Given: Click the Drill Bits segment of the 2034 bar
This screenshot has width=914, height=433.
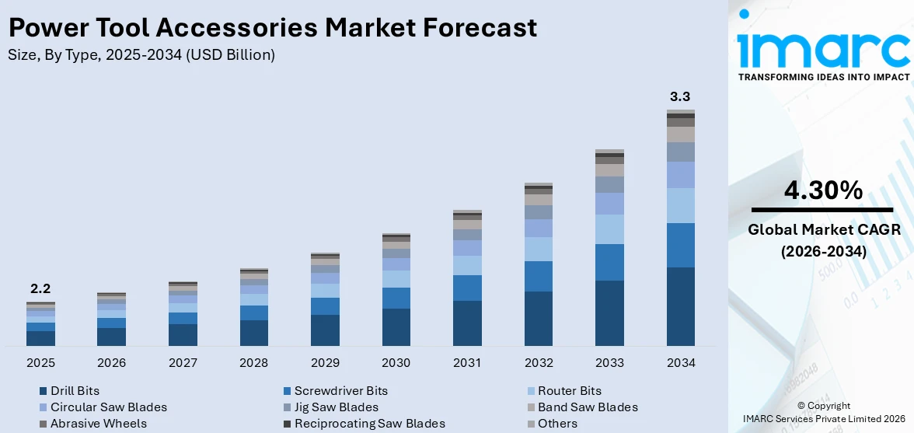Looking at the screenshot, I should click(681, 306).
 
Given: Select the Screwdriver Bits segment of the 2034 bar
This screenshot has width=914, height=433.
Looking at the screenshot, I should click(681, 245).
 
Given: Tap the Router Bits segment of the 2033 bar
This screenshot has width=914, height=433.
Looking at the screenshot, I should click(609, 229).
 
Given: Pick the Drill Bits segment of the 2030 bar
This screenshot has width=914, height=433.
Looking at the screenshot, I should click(396, 326).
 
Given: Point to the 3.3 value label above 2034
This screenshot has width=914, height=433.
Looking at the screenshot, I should click(680, 97).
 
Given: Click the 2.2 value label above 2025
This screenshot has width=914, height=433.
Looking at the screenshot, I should click(40, 288).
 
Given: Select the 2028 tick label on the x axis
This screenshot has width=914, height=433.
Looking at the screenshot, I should click(254, 363).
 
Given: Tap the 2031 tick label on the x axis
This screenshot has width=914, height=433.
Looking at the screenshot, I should click(467, 363).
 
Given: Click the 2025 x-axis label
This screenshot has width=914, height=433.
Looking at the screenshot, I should click(40, 363).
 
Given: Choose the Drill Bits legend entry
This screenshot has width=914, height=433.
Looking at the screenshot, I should click(75, 391).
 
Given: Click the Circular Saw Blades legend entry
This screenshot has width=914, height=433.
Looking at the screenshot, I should click(108, 407).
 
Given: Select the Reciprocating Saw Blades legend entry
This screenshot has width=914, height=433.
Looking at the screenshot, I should click(369, 424).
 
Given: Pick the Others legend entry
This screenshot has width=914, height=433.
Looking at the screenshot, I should click(557, 424).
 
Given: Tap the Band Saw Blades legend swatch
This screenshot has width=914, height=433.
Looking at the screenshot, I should click(531, 407).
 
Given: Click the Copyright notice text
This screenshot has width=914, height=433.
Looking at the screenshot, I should click(823, 406).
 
